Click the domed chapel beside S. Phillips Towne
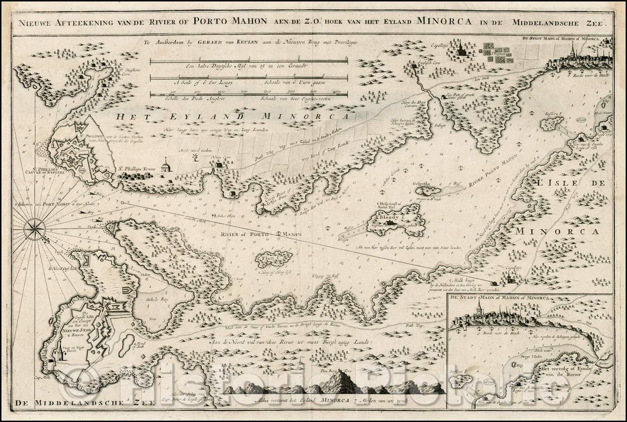pyautogui.click(x=165, y=166)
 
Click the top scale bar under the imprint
pyautogui.click(x=249, y=59)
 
